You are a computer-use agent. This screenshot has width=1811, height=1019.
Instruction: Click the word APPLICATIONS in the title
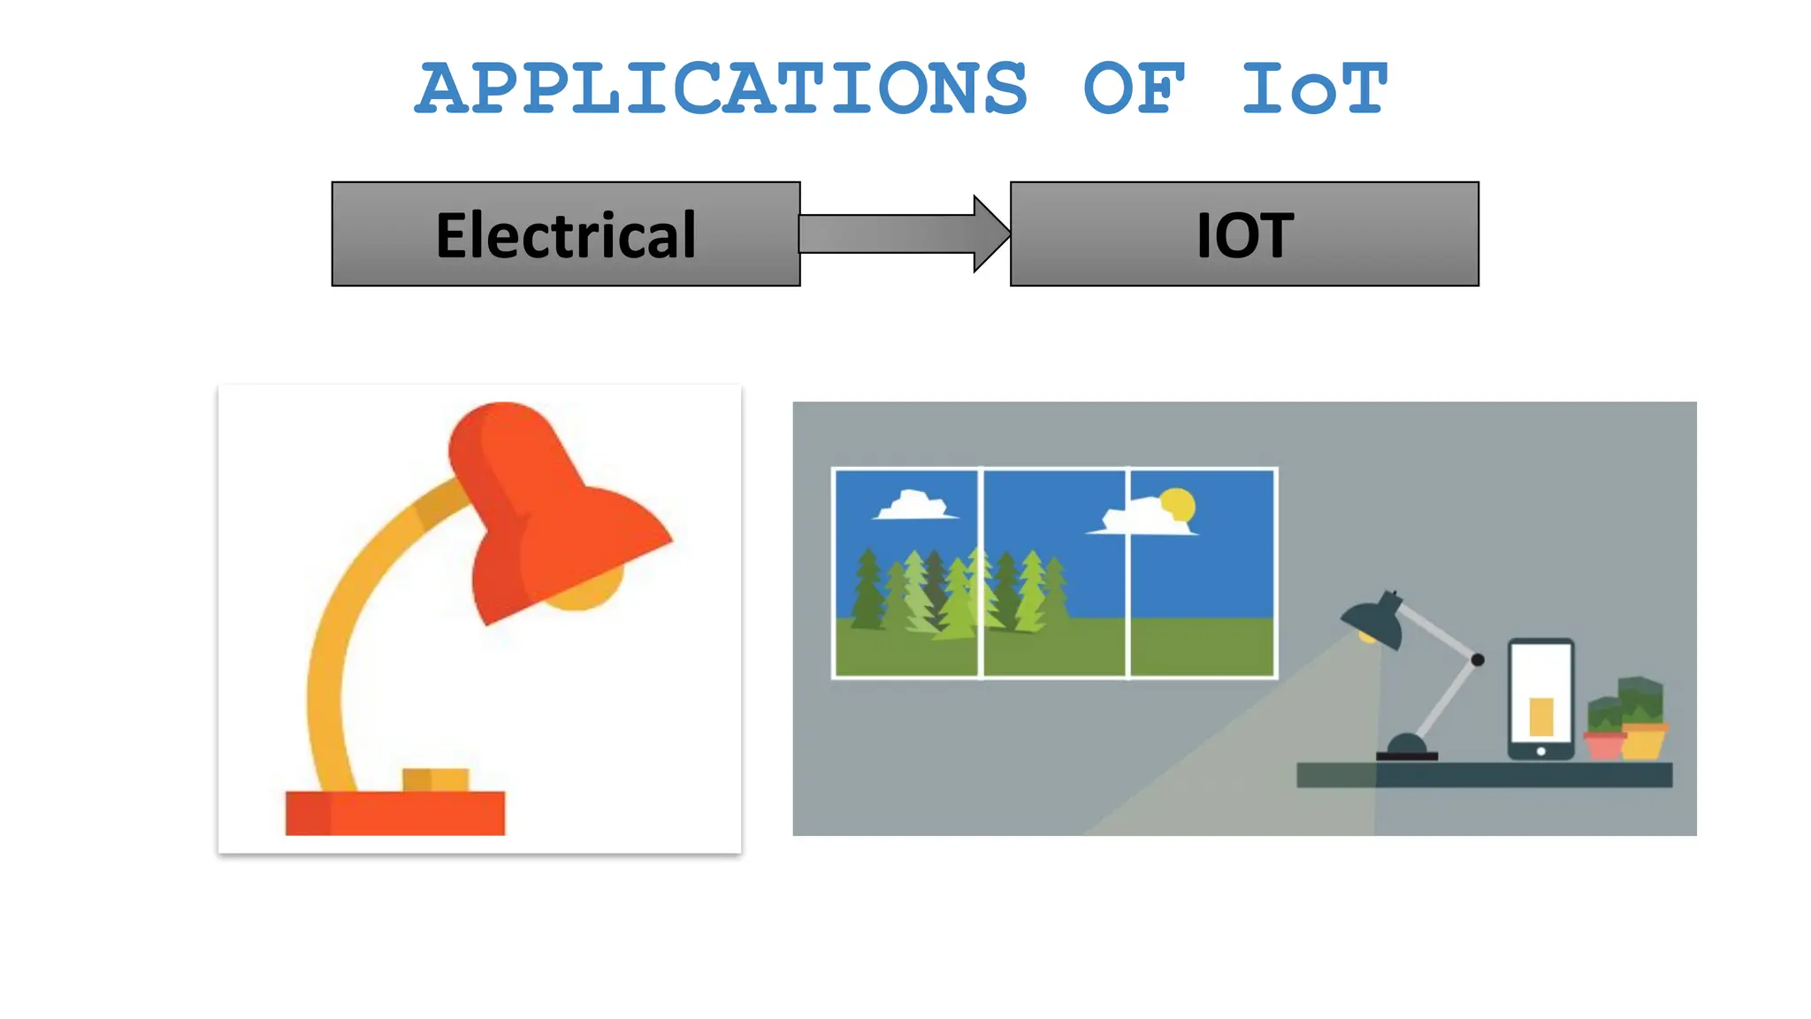tap(722, 88)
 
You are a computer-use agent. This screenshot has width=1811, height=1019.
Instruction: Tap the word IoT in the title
tap(1314, 88)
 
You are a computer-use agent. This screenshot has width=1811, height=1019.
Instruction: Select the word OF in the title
tap(1134, 88)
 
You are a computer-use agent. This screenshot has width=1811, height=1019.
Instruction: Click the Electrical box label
tap(566, 235)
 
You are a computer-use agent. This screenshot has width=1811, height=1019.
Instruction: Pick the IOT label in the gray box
tap(1244, 235)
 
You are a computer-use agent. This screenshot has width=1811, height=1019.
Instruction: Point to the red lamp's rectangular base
tap(394, 813)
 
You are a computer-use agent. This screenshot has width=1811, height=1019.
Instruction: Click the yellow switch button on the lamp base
tap(435, 779)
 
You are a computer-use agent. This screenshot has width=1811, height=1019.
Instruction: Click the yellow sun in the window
tap(1178, 504)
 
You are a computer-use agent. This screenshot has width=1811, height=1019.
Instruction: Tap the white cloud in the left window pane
tap(913, 506)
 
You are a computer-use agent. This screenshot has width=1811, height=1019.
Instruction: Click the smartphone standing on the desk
tap(1540, 699)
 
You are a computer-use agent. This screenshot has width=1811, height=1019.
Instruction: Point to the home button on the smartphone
tap(1540, 751)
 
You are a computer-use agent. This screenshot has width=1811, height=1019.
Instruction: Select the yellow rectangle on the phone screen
tap(1541, 716)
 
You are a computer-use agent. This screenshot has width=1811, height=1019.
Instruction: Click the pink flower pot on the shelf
tap(1604, 745)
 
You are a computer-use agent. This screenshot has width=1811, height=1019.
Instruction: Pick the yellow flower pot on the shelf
tap(1644, 741)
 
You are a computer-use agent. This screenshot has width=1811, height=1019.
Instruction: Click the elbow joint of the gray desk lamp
tap(1478, 660)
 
